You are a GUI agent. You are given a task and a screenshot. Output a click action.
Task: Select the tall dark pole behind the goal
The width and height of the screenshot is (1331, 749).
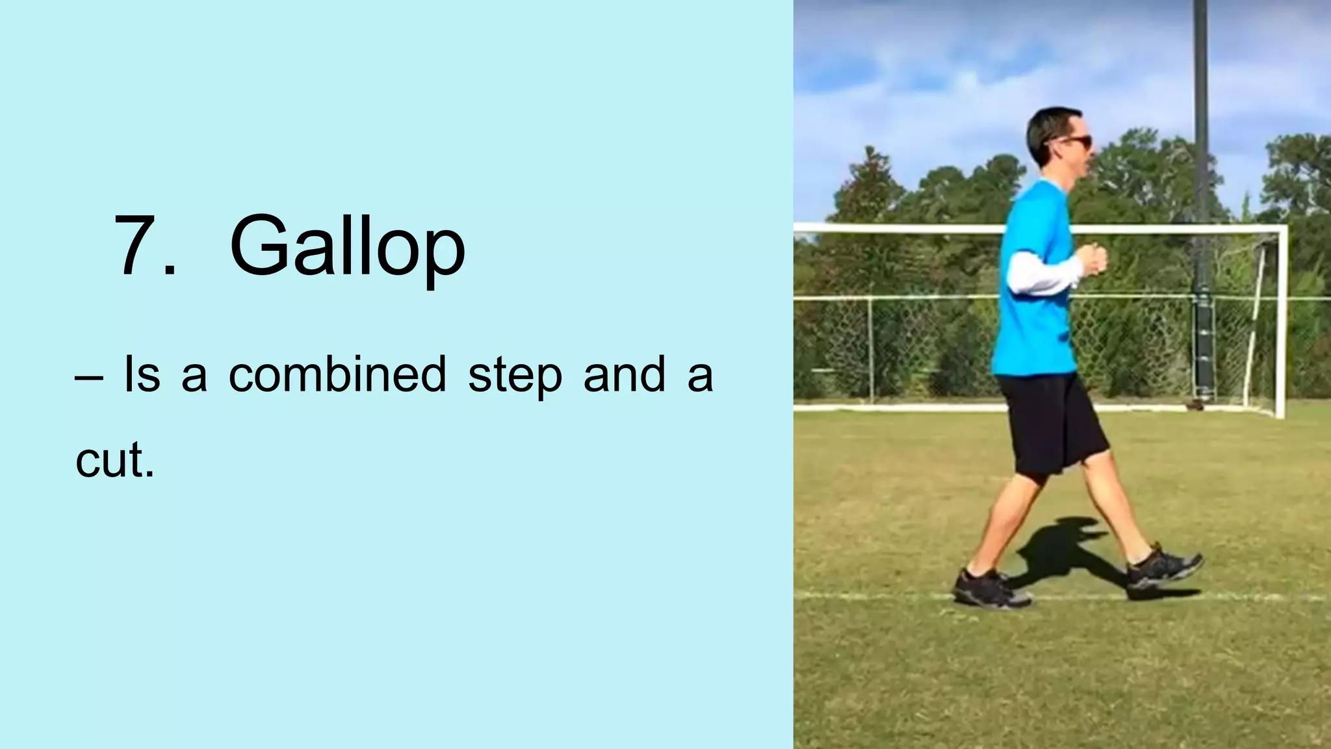click(1200, 98)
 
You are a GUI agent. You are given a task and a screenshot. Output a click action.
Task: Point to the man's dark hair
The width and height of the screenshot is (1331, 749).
click(1046, 130)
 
